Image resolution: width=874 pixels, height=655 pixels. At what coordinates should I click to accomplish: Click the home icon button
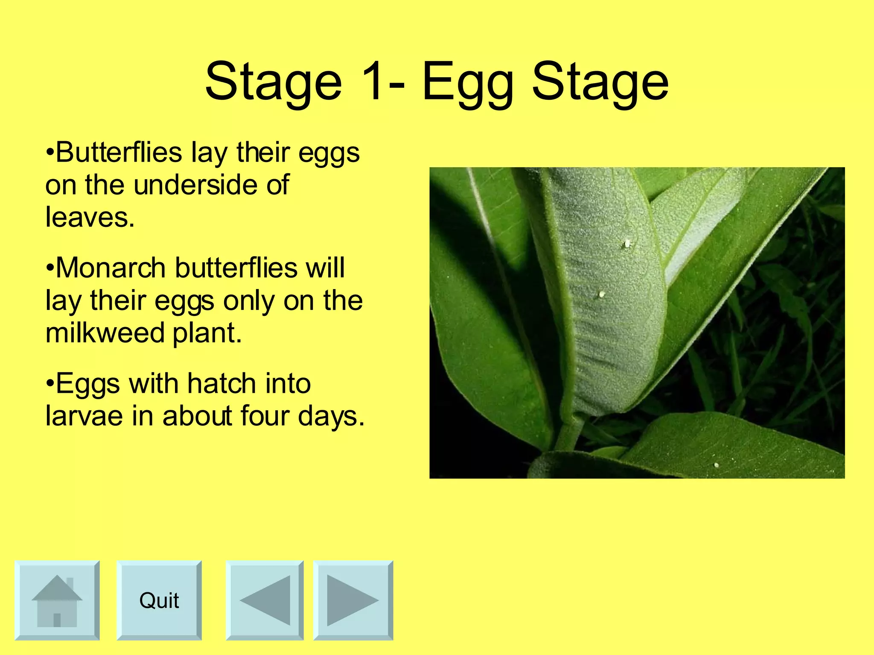click(x=57, y=600)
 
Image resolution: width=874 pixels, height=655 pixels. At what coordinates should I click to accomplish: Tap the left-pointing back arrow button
click(x=265, y=600)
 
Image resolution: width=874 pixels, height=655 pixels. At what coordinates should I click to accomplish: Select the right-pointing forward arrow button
click(x=353, y=600)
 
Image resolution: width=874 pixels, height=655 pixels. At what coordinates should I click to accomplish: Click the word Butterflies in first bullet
click(x=119, y=152)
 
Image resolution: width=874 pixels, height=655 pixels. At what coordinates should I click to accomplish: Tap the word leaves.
click(x=89, y=217)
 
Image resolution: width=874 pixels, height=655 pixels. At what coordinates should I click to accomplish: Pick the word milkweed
click(x=105, y=333)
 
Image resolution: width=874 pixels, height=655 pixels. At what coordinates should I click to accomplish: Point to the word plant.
click(x=207, y=333)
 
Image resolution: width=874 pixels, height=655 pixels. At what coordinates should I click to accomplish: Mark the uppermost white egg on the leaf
click(x=627, y=244)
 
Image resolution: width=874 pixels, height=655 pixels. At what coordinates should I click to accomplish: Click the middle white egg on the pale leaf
click(x=601, y=294)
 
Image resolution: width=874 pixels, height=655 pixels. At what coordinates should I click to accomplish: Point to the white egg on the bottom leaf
click(x=716, y=465)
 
